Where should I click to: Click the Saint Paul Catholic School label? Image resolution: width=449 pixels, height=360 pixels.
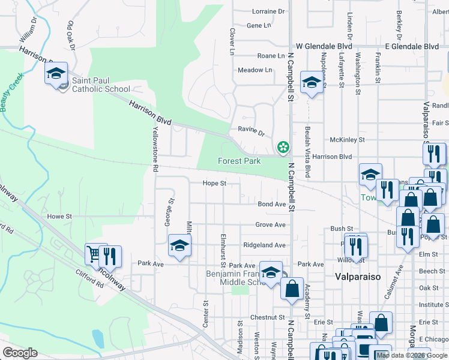101,85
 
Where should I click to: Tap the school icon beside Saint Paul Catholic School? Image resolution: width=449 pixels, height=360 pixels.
56,74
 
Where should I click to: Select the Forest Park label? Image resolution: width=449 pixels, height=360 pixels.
238,161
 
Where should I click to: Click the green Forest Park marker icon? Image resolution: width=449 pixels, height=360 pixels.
283,147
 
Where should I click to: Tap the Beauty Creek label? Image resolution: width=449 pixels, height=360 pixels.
11,91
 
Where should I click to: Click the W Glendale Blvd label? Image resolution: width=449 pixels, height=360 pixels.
324,46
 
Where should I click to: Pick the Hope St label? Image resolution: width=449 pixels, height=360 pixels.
214,183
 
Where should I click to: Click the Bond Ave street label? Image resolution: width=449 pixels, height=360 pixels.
272,204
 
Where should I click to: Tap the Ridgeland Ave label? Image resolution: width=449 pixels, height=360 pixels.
264,245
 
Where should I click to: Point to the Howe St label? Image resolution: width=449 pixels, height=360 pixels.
59,216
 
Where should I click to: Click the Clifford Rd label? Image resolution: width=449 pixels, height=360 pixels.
90,280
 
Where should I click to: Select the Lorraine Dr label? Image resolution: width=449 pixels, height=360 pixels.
268,11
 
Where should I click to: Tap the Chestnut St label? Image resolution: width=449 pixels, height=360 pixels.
267,317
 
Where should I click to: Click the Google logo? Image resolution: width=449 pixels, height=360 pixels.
20,353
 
